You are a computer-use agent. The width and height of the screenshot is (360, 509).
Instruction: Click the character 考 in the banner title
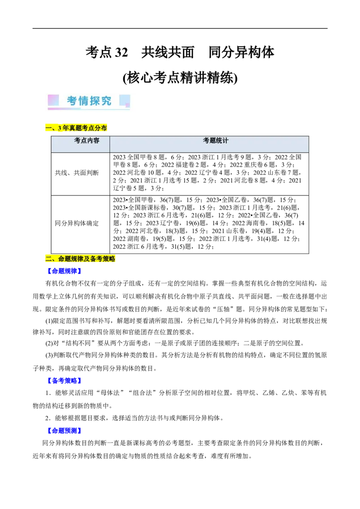click(72, 101)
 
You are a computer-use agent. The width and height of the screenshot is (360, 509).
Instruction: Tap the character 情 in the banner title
click(83, 101)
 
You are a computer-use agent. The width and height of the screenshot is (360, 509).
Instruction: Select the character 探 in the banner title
click(94, 101)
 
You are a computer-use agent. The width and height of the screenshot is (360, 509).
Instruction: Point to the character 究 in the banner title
click(106, 101)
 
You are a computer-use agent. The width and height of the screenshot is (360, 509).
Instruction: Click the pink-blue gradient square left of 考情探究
click(53, 100)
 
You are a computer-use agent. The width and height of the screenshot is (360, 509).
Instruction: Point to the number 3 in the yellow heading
click(60, 129)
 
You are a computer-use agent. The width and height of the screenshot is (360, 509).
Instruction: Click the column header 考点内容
click(87, 141)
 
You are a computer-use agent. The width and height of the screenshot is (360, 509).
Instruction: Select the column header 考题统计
click(216, 141)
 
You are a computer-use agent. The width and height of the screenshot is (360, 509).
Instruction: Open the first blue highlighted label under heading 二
click(64, 271)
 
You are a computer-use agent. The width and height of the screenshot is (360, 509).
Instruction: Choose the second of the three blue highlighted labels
click(64, 380)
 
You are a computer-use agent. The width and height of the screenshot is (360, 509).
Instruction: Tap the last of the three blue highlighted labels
click(64, 430)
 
